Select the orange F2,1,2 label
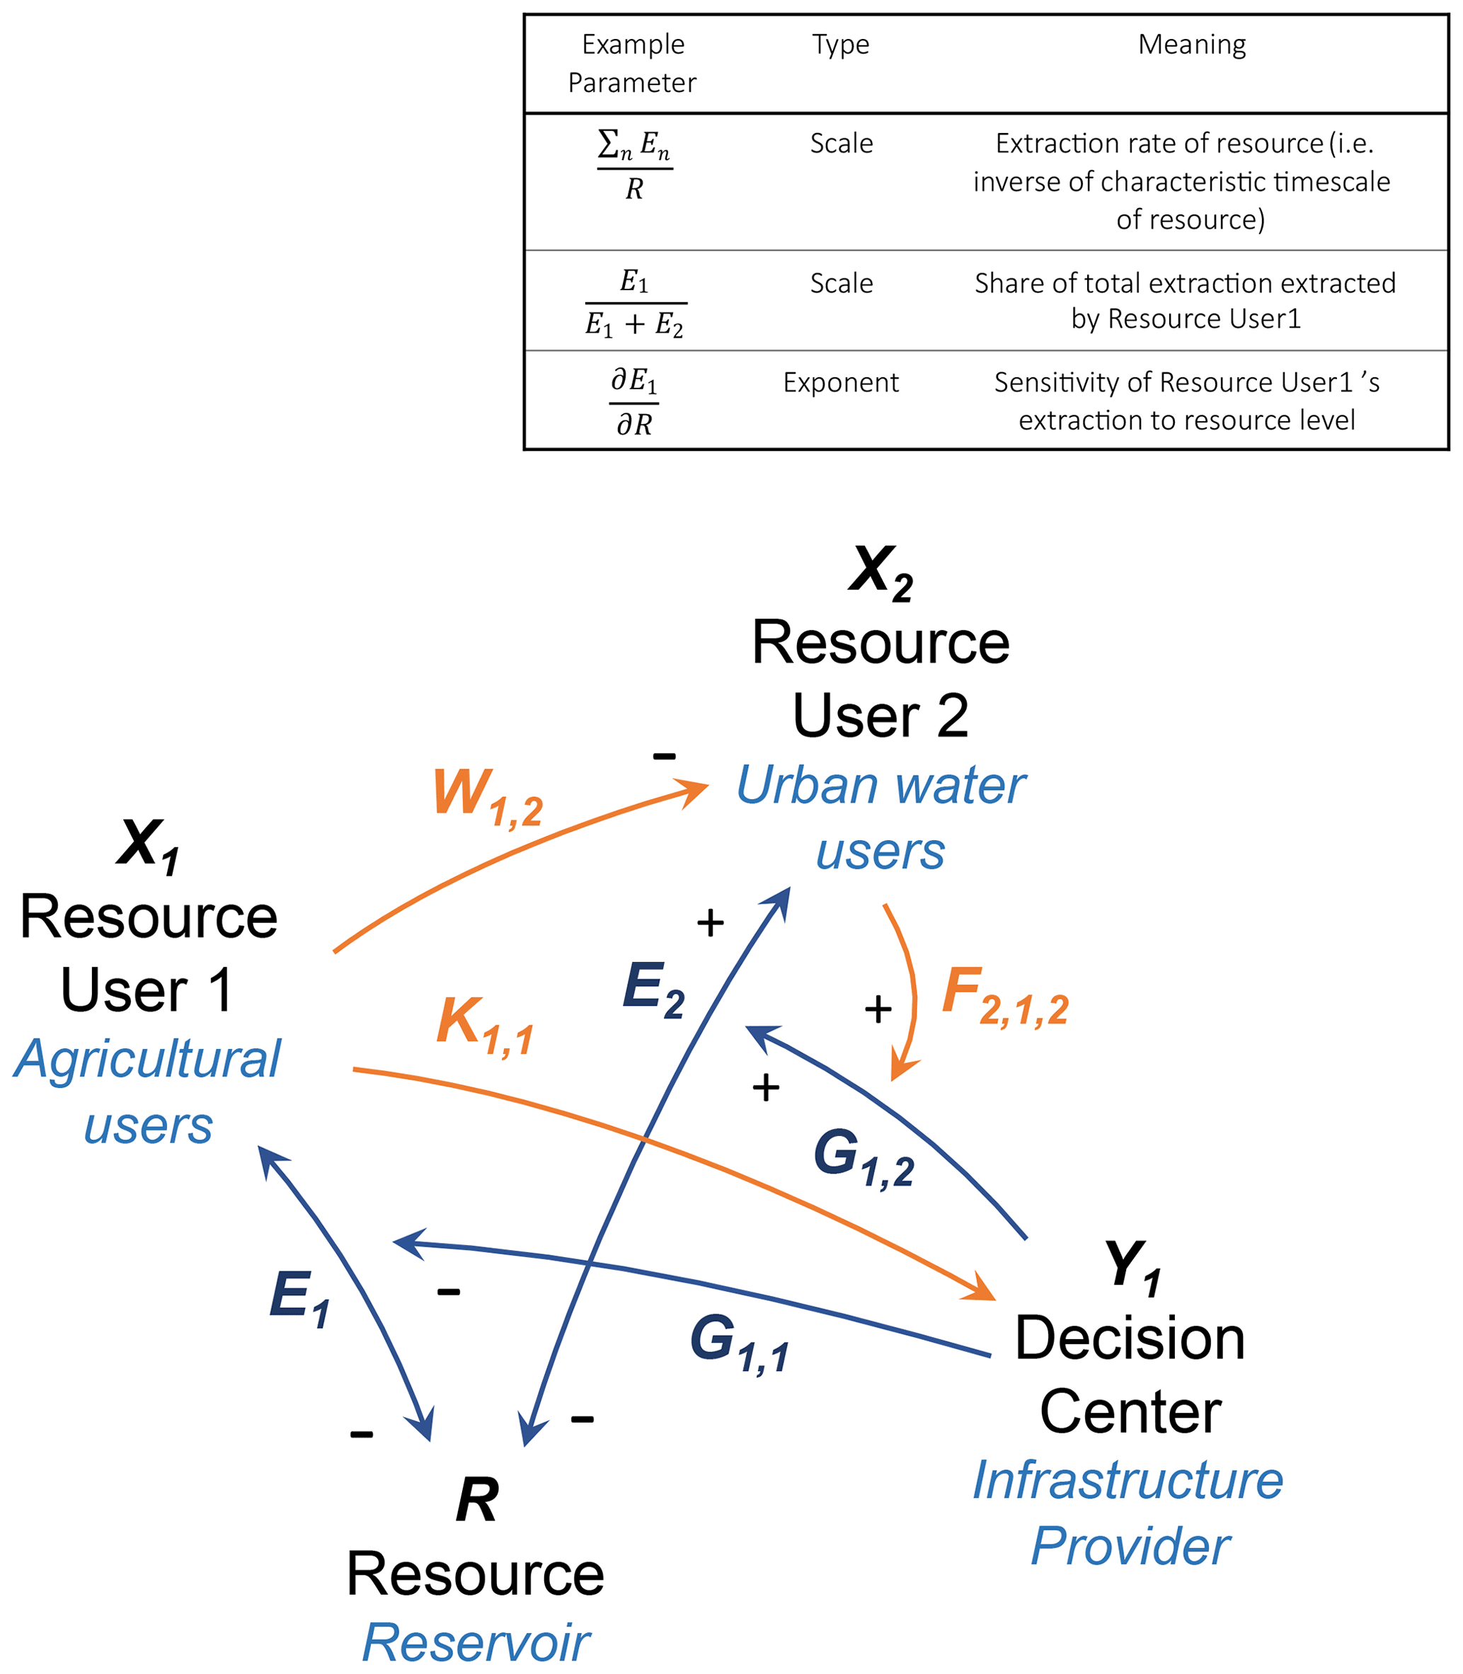point(1004,996)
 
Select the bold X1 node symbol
point(149,846)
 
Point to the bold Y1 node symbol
point(1132,1267)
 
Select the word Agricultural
point(148,1060)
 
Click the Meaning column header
point(1191,44)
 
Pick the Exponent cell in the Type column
point(840,382)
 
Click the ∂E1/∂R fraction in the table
point(634,402)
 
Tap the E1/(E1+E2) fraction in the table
point(634,303)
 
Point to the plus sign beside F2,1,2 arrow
point(878,1010)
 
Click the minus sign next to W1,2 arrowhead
point(664,756)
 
